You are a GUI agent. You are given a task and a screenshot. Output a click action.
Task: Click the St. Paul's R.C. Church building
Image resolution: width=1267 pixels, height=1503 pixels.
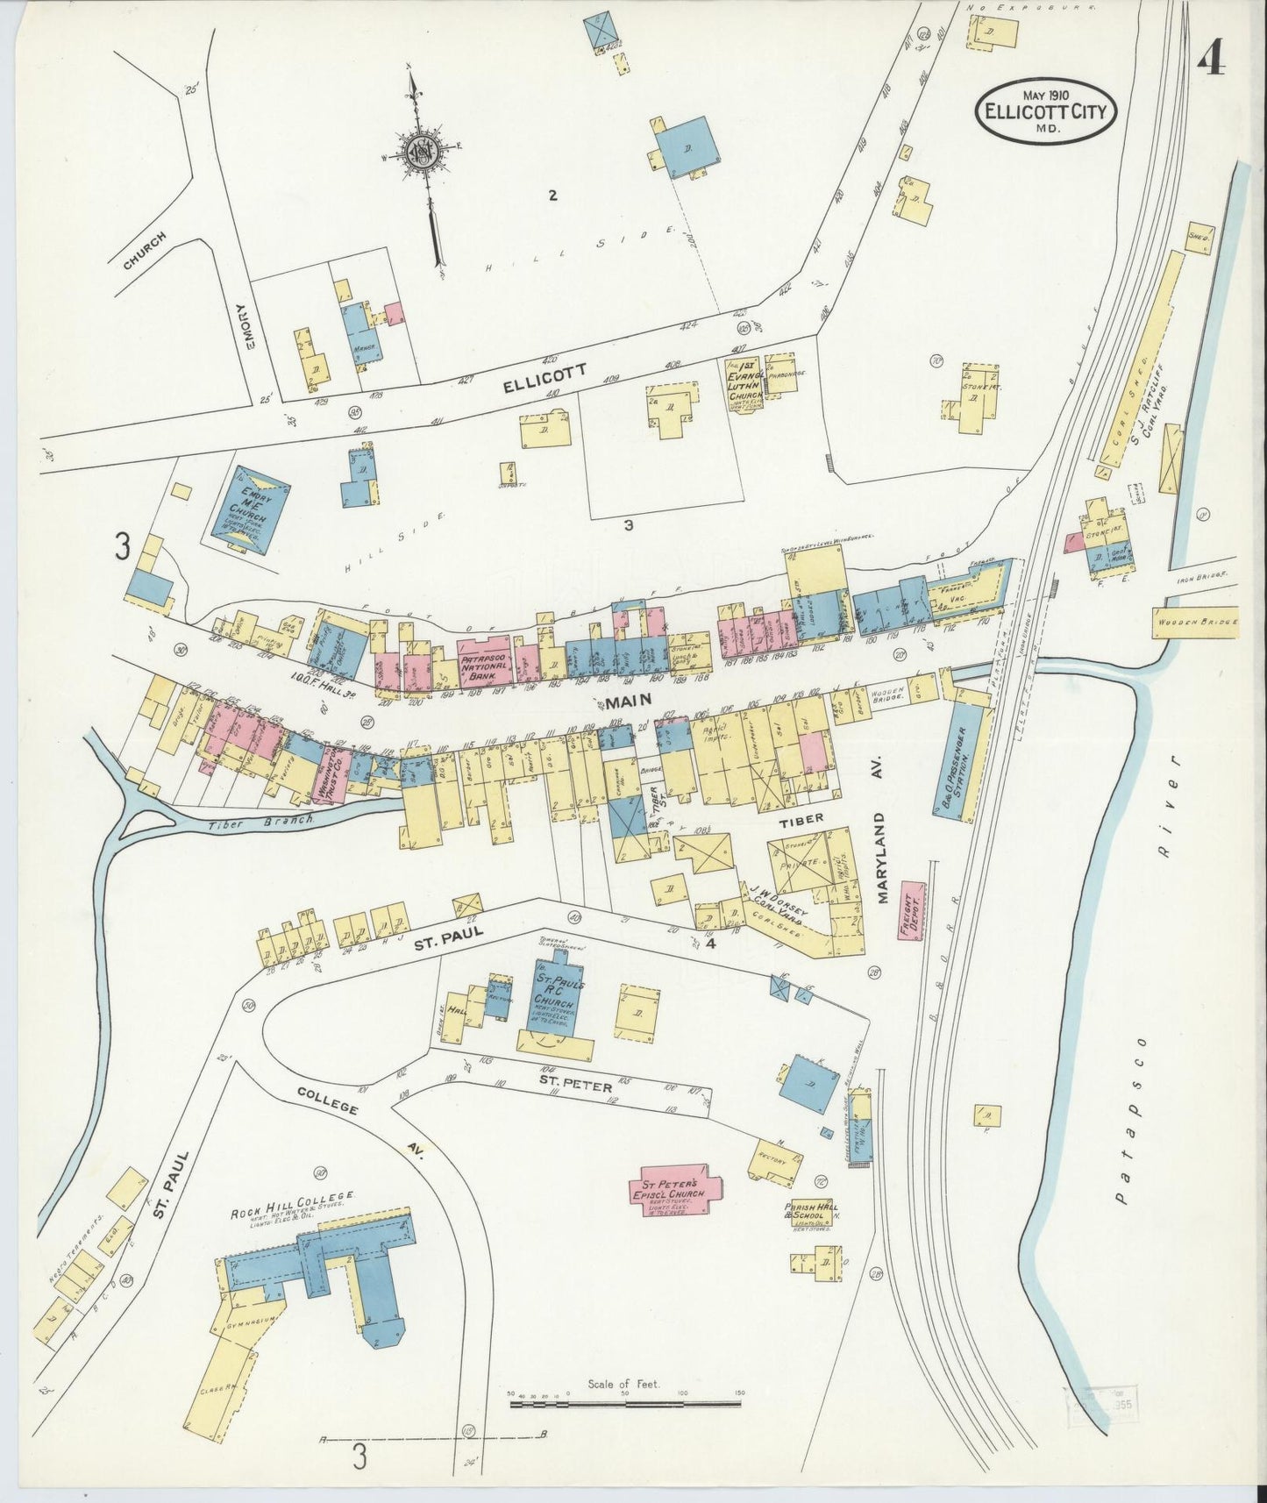tap(555, 1001)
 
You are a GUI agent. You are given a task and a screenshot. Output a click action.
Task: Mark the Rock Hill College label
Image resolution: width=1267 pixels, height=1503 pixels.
tap(292, 1196)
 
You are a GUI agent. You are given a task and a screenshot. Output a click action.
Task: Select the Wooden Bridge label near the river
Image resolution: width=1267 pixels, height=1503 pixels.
tap(1195, 621)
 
